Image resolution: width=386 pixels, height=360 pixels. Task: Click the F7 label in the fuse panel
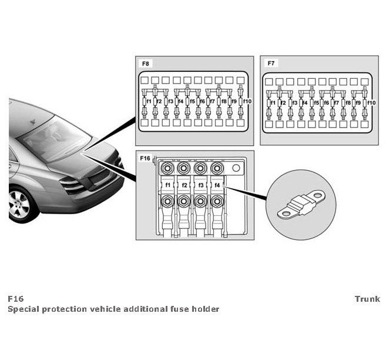270,62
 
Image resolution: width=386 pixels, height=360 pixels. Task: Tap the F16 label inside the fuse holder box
145,158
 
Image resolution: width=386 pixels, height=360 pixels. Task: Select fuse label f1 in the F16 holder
168,185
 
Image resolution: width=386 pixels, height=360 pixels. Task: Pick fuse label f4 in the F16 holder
217,185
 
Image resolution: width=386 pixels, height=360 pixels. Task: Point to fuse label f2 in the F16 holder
184,185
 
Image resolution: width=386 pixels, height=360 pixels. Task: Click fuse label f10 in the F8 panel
247,102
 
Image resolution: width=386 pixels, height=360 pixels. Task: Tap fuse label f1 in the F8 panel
149,102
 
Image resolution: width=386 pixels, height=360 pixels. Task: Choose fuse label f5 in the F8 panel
192,102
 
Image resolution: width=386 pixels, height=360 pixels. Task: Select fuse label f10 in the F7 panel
371,103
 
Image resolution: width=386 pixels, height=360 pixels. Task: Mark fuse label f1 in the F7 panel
273,103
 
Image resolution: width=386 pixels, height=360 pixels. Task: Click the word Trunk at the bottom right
367,299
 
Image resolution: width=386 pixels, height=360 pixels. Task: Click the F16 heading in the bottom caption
16,299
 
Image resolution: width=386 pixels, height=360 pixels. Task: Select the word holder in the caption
207,309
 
